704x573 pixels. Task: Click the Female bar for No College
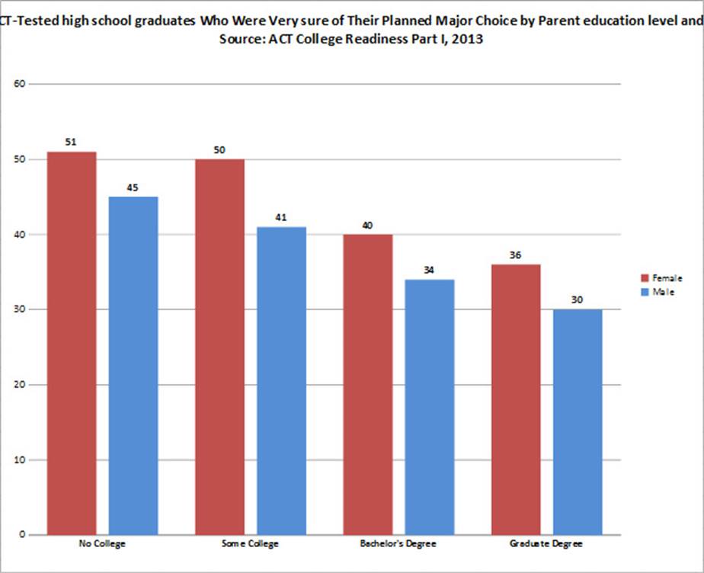[72, 343]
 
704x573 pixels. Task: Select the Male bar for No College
[133, 366]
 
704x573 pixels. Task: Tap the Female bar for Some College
[219, 347]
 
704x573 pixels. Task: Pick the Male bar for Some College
[281, 381]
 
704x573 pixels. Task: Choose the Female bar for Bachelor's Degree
[367, 385]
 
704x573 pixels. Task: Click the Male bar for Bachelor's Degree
[429, 407]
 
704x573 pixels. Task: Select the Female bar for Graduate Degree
[516, 399]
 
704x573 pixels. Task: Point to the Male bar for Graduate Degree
[577, 422]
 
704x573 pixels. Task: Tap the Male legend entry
[659, 291]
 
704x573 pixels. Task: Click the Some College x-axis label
[250, 545]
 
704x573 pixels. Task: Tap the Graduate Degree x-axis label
[546, 545]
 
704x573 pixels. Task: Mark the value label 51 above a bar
[72, 142]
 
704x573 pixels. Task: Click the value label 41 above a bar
[281, 218]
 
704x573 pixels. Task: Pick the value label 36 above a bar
[516, 255]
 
